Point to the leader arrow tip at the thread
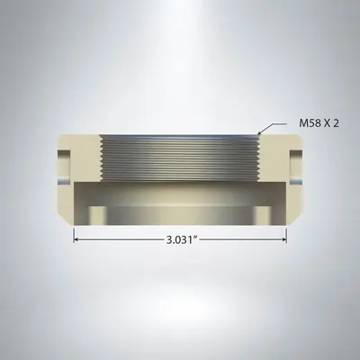tap(259, 134)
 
